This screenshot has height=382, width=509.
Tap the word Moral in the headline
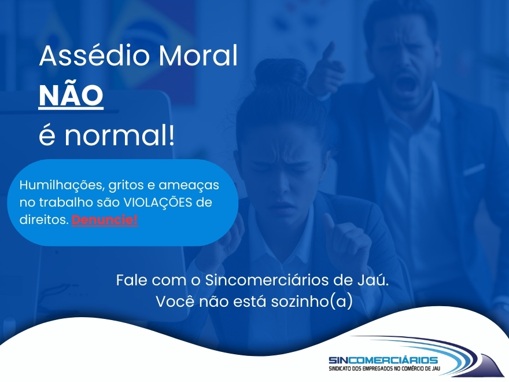click(x=198, y=56)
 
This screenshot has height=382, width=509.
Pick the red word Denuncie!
click(x=105, y=220)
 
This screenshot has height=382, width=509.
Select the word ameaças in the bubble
click(x=189, y=185)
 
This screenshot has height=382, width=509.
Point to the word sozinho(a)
click(x=312, y=302)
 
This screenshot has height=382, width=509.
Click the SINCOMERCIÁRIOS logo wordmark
click(x=383, y=360)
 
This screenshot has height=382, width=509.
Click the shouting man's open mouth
click(x=407, y=83)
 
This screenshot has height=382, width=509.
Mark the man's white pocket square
click(x=473, y=169)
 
